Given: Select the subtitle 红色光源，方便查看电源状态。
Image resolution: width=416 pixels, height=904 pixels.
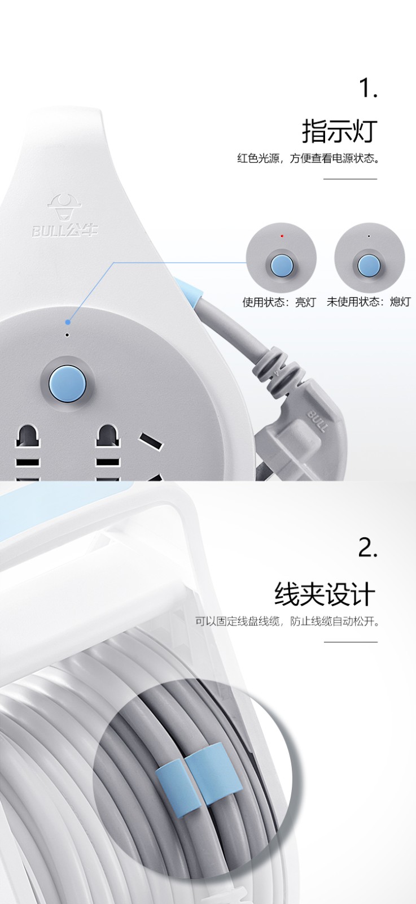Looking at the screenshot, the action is coord(308,158).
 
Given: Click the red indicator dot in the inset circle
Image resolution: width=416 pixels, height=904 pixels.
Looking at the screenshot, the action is coord(282,235).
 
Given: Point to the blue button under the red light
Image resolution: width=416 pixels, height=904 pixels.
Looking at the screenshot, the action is coord(281,265).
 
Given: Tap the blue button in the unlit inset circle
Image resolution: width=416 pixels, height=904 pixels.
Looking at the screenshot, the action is coord(369,265).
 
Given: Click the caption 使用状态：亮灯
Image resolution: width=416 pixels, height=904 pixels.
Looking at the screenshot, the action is coord(279,302).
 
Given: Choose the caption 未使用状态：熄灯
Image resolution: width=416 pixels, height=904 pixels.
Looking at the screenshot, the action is coord(369,302).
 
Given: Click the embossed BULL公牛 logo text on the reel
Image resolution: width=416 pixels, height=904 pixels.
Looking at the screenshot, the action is coord(65,231).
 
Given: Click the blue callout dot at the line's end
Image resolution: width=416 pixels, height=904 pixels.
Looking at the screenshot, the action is coord(68,322).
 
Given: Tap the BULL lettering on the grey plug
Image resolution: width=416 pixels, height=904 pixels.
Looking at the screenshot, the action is coord(318,421).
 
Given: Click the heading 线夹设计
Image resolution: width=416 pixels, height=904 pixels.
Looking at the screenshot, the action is coord(325,594).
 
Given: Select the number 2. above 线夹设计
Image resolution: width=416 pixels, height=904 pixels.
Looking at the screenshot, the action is coord(367,549).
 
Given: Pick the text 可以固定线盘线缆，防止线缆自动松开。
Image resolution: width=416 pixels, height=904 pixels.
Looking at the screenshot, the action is coord(287,621).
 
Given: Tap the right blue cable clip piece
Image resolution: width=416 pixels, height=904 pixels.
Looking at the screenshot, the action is coord(213,772).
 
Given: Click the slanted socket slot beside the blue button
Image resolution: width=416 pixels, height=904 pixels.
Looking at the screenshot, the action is coord(151,441).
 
